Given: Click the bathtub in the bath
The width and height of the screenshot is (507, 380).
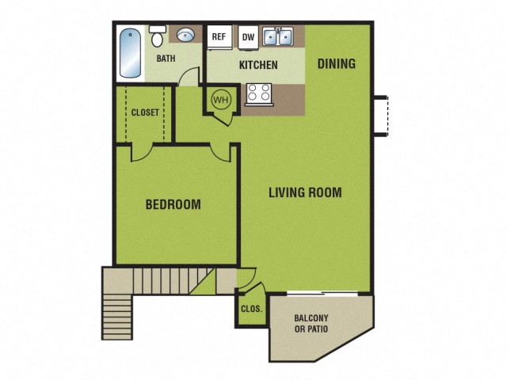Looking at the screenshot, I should pos(129,54).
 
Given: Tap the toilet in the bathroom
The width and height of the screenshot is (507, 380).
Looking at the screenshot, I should pos(157,37).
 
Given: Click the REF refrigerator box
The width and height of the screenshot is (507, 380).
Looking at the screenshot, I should pos(219,36).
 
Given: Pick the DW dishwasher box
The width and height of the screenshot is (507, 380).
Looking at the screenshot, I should pos(248,36).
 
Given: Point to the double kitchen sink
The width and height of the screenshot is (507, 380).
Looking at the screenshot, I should pos(278,36).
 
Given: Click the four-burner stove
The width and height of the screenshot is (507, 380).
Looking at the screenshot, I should pos(258,93).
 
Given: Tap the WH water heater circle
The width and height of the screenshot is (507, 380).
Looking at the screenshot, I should pos(220,101).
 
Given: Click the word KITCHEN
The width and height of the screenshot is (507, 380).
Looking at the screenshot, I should pos(258,65).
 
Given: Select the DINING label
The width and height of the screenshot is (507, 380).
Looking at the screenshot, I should pos(337,64).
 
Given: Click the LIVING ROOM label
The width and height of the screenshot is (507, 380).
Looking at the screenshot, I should pos(305,192).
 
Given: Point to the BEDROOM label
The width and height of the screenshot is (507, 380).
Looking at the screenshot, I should pos(173,204).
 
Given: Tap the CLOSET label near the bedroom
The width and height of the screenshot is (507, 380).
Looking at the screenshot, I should pos(145,112).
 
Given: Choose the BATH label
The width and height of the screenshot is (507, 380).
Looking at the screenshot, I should pos(166,59).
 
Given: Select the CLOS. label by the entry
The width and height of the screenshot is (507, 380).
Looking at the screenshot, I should pos(252,310).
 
